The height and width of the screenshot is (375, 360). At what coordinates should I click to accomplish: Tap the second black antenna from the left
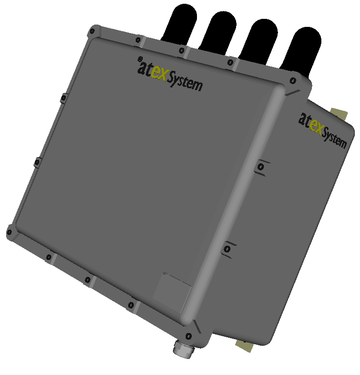220,30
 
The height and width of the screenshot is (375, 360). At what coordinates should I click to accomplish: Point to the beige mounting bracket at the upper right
339,113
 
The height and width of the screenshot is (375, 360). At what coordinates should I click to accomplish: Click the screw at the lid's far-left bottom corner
10,232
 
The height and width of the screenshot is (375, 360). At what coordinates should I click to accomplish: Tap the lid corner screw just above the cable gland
188,336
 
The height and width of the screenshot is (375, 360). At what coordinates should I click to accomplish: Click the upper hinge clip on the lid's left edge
63,98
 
